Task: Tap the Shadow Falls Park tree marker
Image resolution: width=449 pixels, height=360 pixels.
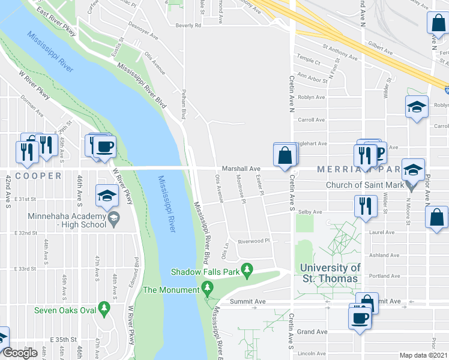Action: click(246, 271)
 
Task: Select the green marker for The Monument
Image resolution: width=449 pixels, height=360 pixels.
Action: click(208, 289)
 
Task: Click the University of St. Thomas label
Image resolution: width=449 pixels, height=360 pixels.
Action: click(330, 273)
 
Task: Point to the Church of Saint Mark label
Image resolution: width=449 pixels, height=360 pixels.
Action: click(364, 185)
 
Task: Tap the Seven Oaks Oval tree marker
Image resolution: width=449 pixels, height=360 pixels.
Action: click(104, 309)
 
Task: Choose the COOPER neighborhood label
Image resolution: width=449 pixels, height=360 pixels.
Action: click(38, 176)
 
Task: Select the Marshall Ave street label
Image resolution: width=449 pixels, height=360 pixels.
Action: click(241, 169)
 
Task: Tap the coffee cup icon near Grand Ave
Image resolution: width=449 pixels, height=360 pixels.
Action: click(360, 317)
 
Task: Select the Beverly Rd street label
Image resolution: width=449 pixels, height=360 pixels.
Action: click(188, 26)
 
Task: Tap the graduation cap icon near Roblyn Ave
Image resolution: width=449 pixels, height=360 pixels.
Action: click(417, 107)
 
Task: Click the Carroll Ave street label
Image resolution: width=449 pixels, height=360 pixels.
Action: click(312, 119)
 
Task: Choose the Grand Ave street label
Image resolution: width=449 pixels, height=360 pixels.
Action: click(312, 331)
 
